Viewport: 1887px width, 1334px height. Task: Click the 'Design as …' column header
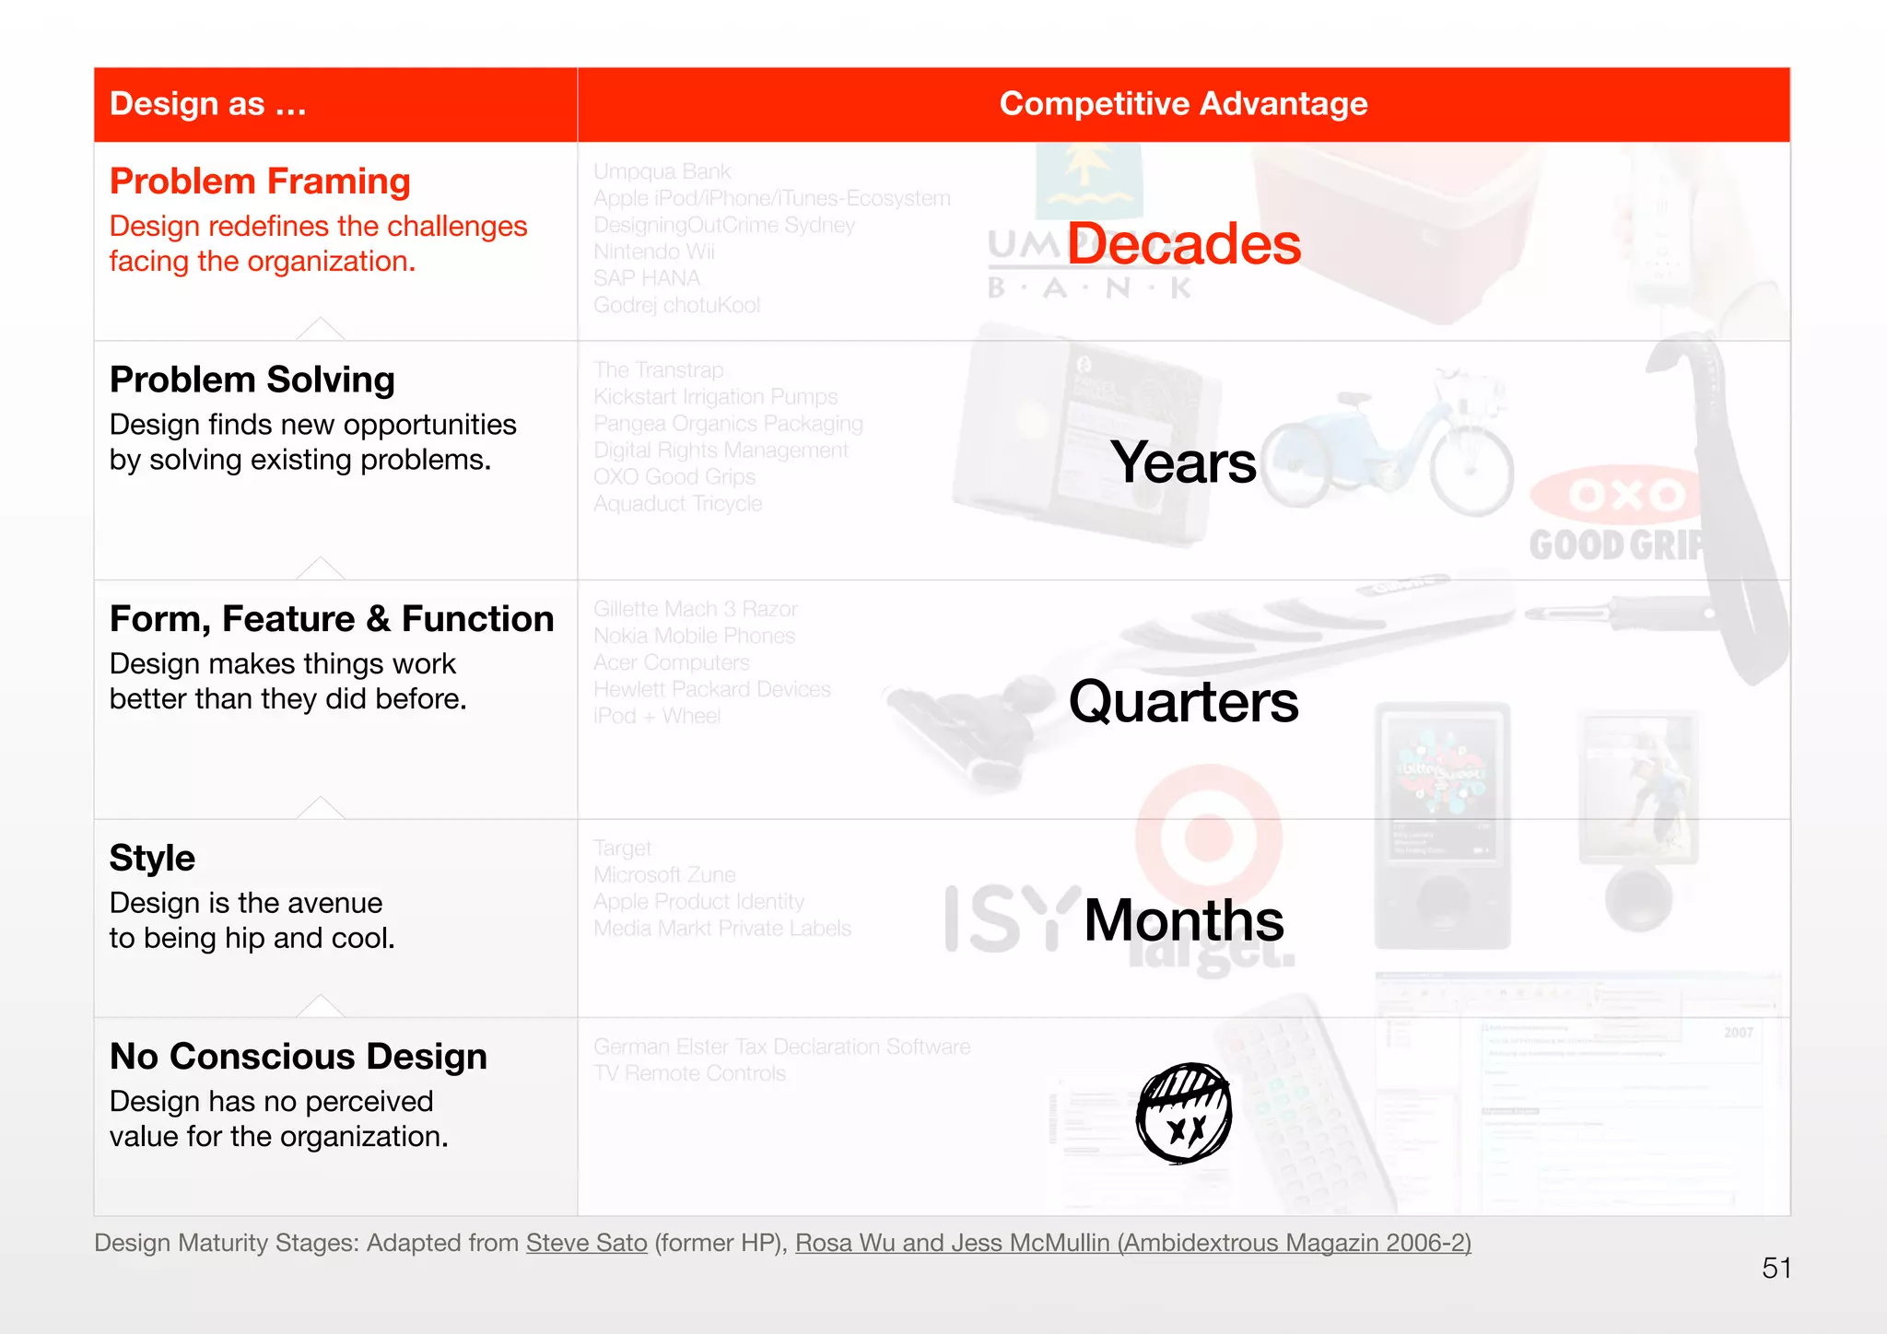[x=208, y=104]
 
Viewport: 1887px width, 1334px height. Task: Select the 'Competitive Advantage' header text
[x=1183, y=104]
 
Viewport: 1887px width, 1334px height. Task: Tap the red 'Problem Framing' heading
[x=260, y=181]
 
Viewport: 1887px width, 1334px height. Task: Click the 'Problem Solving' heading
[x=252, y=380]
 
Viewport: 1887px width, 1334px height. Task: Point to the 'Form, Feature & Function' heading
[x=332, y=619]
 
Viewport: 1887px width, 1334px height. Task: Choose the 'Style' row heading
[x=152, y=859]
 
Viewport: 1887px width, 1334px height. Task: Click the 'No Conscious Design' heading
[x=299, y=1057]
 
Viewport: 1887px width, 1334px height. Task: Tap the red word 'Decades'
[x=1184, y=244]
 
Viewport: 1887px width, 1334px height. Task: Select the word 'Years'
[x=1183, y=462]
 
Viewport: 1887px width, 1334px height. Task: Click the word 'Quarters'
[x=1183, y=701]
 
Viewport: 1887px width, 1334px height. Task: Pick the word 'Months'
[x=1184, y=920]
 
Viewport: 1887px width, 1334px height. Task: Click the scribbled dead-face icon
[x=1184, y=1113]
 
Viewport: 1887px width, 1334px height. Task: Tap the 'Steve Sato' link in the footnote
[x=587, y=1243]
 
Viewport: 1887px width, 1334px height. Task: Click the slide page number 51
[x=1776, y=1269]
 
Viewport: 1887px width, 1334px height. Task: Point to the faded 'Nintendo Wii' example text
[x=654, y=252]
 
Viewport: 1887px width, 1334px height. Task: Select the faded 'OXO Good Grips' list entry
[x=674, y=477]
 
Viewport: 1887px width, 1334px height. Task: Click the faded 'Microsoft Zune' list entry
[x=664, y=875]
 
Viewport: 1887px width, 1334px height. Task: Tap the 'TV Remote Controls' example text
[x=689, y=1074]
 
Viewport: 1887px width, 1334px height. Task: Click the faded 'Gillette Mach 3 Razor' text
[x=696, y=609]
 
